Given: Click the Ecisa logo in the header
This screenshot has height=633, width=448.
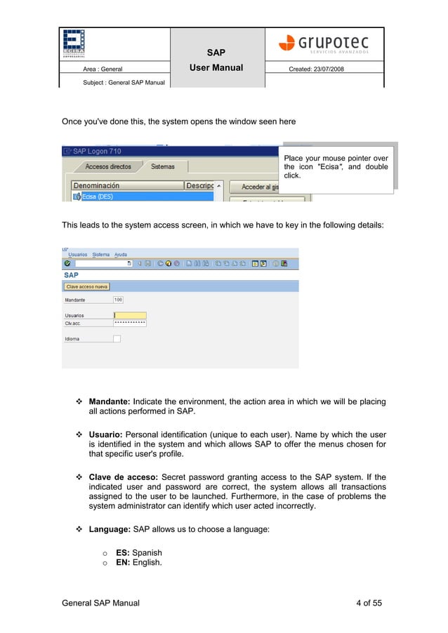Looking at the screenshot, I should pyautogui.click(x=73, y=43).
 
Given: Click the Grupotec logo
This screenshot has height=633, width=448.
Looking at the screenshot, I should pyautogui.click(x=324, y=43).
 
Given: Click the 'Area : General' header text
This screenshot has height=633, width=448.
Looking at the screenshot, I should pyautogui.click(x=103, y=69).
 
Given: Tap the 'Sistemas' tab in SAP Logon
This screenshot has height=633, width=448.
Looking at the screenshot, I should pyautogui.click(x=162, y=167).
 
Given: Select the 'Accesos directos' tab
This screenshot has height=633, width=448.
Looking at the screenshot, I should pyautogui.click(x=108, y=167).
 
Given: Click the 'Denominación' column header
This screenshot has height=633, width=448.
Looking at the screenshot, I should pyautogui.click(x=97, y=186).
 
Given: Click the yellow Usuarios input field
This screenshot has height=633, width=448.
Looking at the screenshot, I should pyautogui.click(x=130, y=315).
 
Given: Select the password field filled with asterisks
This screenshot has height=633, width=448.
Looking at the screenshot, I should pyautogui.click(x=130, y=323).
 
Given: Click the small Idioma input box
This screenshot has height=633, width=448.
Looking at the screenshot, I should pyautogui.click(x=117, y=339).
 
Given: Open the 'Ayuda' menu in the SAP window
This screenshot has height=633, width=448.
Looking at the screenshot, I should pyautogui.click(x=121, y=255).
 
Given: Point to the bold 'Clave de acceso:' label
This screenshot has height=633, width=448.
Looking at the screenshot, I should pyautogui.click(x=124, y=478).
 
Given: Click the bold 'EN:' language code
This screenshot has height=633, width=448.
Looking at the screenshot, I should pyautogui.click(x=123, y=563).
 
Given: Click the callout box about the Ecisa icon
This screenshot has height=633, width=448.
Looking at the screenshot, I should pyautogui.click(x=336, y=167).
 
